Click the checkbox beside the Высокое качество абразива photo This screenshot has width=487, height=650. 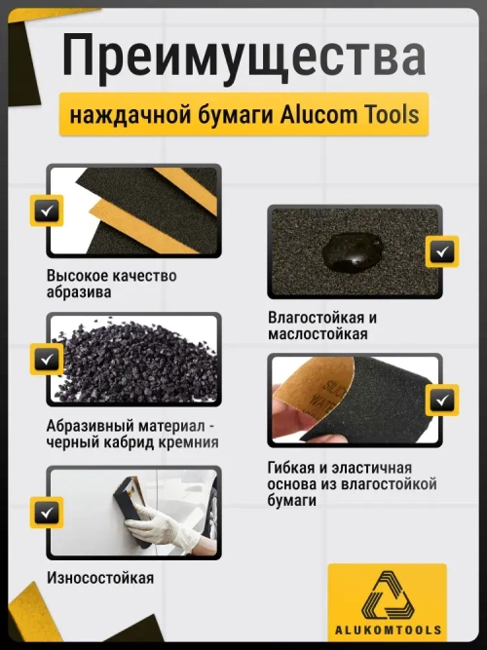point(46,210)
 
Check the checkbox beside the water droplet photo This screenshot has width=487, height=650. point(443,252)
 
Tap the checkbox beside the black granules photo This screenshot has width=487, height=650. point(46,359)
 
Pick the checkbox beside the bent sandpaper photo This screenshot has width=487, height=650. point(443,399)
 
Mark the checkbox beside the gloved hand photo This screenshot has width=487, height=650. point(46,512)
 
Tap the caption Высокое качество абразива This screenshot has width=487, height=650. point(111,284)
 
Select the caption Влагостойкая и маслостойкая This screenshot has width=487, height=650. point(322,326)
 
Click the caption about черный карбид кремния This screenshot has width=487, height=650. point(131,434)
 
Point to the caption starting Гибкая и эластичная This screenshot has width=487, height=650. point(352,483)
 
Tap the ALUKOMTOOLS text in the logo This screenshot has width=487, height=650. point(388,631)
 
